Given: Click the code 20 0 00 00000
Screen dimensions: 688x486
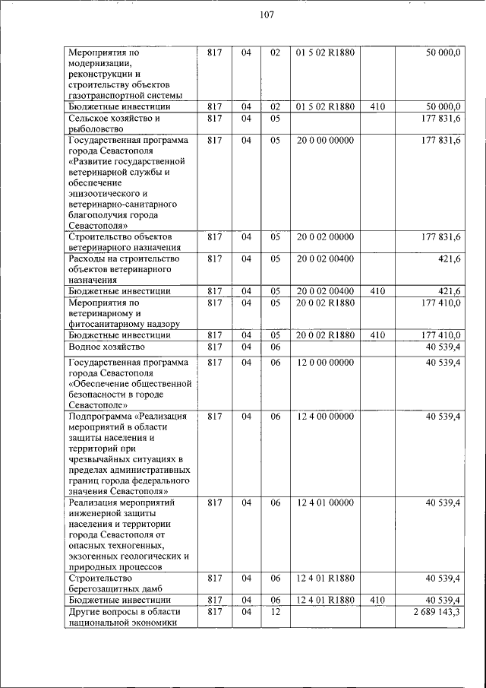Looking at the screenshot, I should pyautogui.click(x=324, y=141).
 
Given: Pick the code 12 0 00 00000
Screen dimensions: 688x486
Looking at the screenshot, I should pyautogui.click(x=324, y=363).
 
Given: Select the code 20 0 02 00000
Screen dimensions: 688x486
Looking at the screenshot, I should pyautogui.click(x=324, y=238).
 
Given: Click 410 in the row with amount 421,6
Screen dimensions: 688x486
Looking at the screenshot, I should pyautogui.click(x=377, y=292).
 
